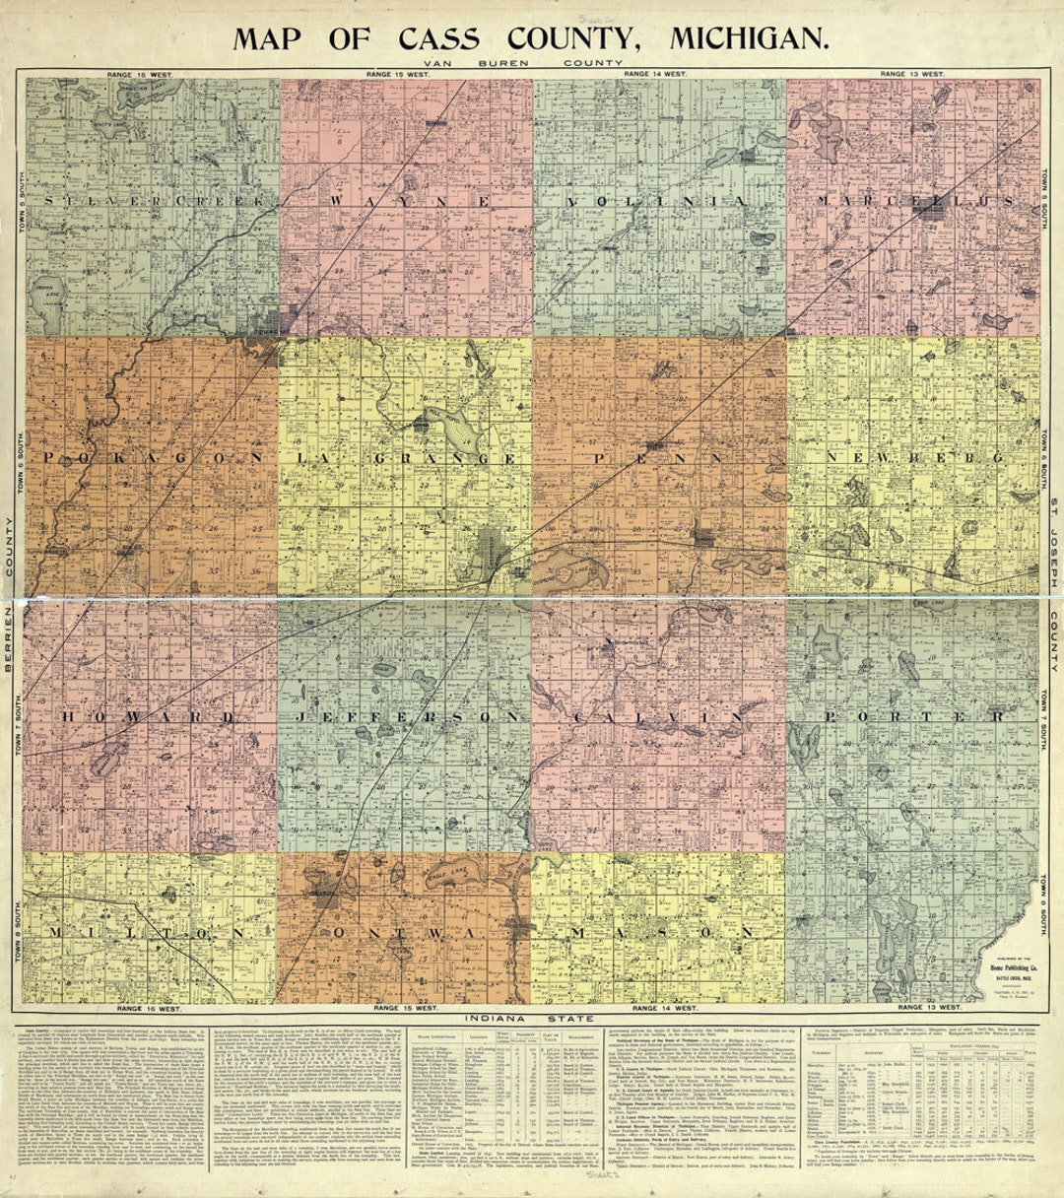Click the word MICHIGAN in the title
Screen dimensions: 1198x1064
click(x=749, y=37)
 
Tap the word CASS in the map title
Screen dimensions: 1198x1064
click(x=438, y=37)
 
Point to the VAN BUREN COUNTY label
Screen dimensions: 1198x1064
click(x=531, y=62)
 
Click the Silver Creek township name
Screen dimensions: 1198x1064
click(x=153, y=201)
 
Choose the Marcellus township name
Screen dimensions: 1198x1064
click(x=914, y=201)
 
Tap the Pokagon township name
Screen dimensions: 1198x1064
click(x=153, y=459)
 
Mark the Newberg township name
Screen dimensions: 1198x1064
click(x=914, y=459)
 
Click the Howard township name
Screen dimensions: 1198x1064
click(x=153, y=716)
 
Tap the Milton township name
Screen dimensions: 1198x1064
click(x=153, y=932)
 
